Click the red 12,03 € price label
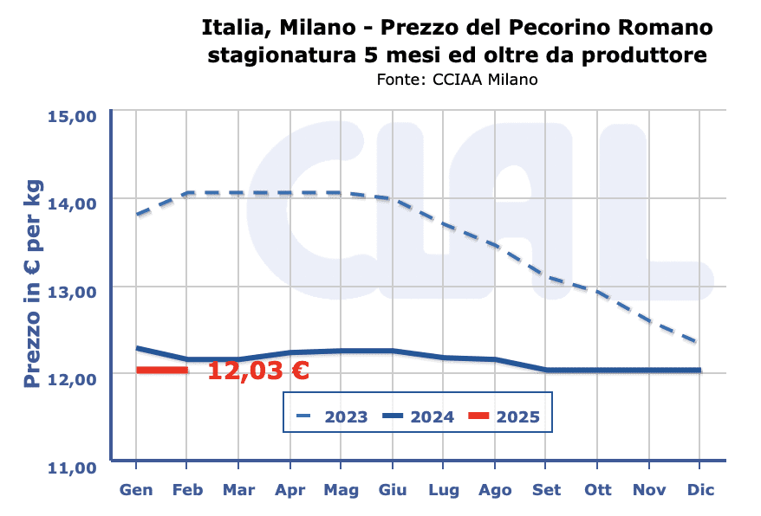pyautogui.click(x=258, y=371)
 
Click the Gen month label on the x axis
pyautogui.click(x=136, y=490)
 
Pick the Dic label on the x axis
pyautogui.click(x=699, y=490)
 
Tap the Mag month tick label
pyautogui.click(x=341, y=490)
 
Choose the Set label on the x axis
pyautogui.click(x=546, y=490)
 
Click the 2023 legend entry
pyautogui.click(x=333, y=416)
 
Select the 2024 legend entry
pyautogui.click(x=420, y=416)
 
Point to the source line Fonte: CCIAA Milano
pyautogui.click(x=458, y=80)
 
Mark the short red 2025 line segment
pyautogui.click(x=162, y=370)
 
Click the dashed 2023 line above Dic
pyautogui.click(x=697, y=341)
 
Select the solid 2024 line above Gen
pyautogui.click(x=137, y=348)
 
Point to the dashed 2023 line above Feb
pyautogui.click(x=188, y=193)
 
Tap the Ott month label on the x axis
pyautogui.click(x=597, y=490)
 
